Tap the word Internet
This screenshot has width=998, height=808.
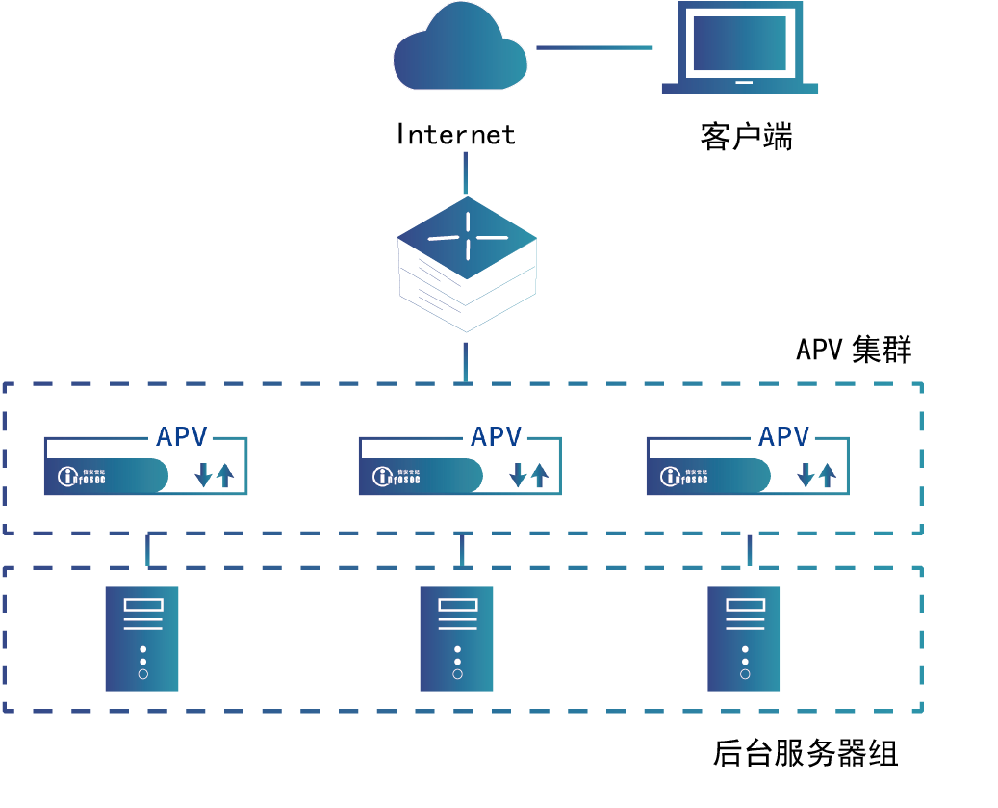[x=456, y=135]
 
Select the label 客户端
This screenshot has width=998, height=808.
[x=746, y=137]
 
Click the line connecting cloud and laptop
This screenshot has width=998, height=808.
[x=594, y=47]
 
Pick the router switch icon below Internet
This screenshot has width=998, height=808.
[x=467, y=265]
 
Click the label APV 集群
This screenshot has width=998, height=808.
[x=854, y=349]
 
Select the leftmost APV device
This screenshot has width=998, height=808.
[x=145, y=467]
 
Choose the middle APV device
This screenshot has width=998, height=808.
[x=459, y=467]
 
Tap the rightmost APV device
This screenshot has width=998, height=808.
[x=747, y=467]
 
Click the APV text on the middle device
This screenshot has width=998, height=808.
[x=496, y=437]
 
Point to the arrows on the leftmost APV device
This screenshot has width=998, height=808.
[x=215, y=475]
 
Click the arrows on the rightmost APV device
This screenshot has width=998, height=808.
[x=817, y=475]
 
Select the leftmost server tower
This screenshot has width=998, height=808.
[x=142, y=639]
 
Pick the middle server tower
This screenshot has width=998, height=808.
[x=457, y=639]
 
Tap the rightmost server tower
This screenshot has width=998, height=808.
[x=745, y=639]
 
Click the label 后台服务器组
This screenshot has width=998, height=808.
[x=805, y=753]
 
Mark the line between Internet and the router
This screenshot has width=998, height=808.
[x=466, y=172]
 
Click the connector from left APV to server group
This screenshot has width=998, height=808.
[x=147, y=550]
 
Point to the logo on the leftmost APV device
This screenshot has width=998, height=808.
[x=82, y=476]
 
